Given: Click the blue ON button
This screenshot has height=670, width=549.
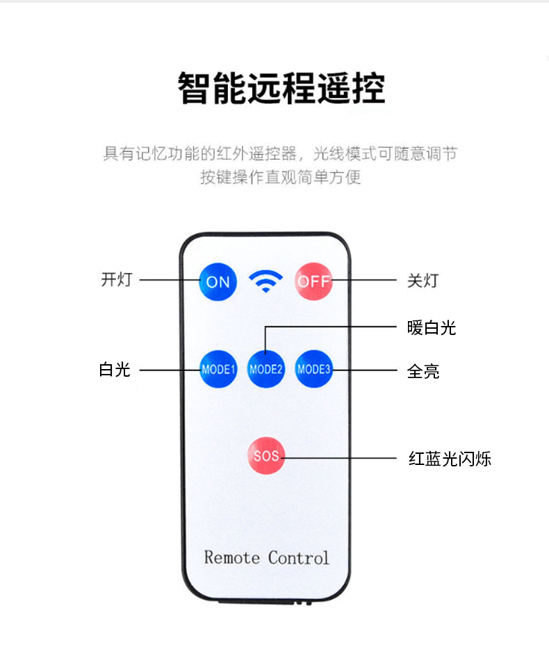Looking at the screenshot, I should (218, 281).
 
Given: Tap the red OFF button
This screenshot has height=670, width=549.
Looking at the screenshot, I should (313, 281).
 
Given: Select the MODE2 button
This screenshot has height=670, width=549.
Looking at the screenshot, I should (266, 369).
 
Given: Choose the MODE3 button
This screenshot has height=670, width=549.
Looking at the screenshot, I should (313, 369).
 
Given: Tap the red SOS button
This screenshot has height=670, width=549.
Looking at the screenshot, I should (265, 456).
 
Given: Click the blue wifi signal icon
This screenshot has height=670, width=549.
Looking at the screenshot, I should (266, 281).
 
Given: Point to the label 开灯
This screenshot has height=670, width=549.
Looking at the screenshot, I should (116, 280).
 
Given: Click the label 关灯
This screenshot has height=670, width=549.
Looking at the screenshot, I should (423, 281).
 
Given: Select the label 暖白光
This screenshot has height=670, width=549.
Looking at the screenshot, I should (431, 328).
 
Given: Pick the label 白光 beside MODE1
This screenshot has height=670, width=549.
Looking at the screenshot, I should (115, 370).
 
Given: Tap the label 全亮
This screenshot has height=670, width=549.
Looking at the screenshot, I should (423, 371).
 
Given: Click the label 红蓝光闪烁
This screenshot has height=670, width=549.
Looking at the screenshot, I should (450, 459).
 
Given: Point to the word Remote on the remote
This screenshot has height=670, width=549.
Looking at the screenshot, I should (232, 557).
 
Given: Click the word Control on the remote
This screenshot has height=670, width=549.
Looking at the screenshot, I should (299, 557).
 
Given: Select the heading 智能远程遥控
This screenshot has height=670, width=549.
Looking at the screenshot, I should (281, 88).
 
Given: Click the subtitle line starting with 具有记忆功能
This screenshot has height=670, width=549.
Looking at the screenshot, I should (280, 154).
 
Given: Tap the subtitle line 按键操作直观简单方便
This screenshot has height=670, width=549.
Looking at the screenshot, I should (281, 177).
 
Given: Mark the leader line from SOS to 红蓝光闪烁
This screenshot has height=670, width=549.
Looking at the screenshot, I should (341, 457).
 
